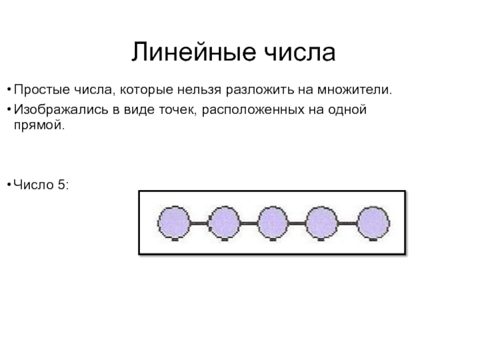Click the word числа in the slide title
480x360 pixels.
(x=300, y=53)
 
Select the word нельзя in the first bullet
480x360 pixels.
(x=199, y=91)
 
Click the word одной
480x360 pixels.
(x=348, y=110)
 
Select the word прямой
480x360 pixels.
(x=38, y=128)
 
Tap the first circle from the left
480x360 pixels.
(x=173, y=223)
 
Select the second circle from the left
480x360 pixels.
(x=223, y=223)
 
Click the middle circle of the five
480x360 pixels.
(x=273, y=223)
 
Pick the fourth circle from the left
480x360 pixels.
(x=323, y=223)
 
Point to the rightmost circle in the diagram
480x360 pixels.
(x=373, y=223)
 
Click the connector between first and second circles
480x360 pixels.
(x=198, y=223)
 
